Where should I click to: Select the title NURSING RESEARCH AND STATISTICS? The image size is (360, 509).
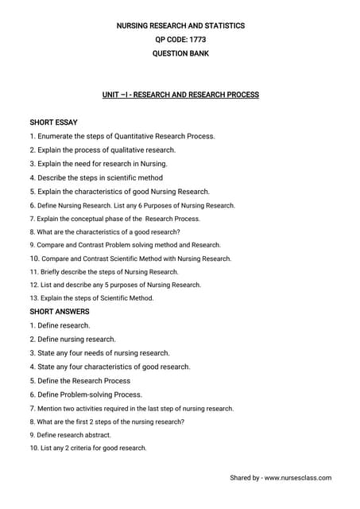coord(180,25)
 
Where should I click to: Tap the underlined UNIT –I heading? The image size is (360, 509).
coord(180,95)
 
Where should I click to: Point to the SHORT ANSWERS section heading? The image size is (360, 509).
coord(59,312)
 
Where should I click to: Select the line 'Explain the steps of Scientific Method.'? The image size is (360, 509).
coord(91,298)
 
